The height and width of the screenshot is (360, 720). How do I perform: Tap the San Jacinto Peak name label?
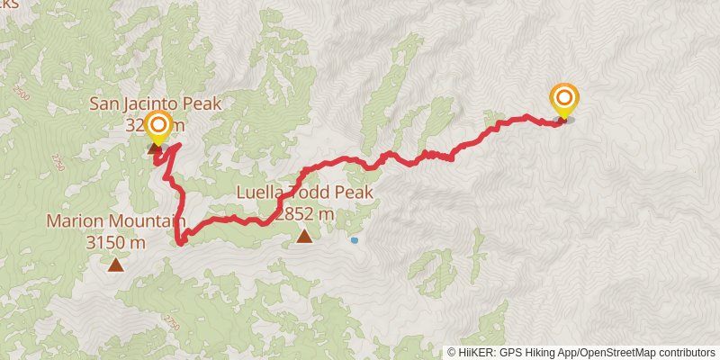pos(155,103)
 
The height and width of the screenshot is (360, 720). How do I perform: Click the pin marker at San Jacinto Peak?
pos(158,128)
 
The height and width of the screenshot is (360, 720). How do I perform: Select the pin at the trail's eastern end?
pos(564,102)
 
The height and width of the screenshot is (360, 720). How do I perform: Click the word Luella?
pos(261,193)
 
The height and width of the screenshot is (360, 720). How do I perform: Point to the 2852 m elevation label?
pos(304,214)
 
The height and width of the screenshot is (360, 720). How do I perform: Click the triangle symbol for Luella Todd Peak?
pos(304,237)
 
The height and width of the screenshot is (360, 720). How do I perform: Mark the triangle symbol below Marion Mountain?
pos(115,265)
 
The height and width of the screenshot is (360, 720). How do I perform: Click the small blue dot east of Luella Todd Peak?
pos(355,240)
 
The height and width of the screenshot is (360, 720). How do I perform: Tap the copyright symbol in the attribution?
pos(452,353)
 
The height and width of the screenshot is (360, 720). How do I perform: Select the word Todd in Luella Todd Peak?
pos(306,193)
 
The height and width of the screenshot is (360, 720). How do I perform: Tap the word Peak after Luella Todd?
pos(352,193)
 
